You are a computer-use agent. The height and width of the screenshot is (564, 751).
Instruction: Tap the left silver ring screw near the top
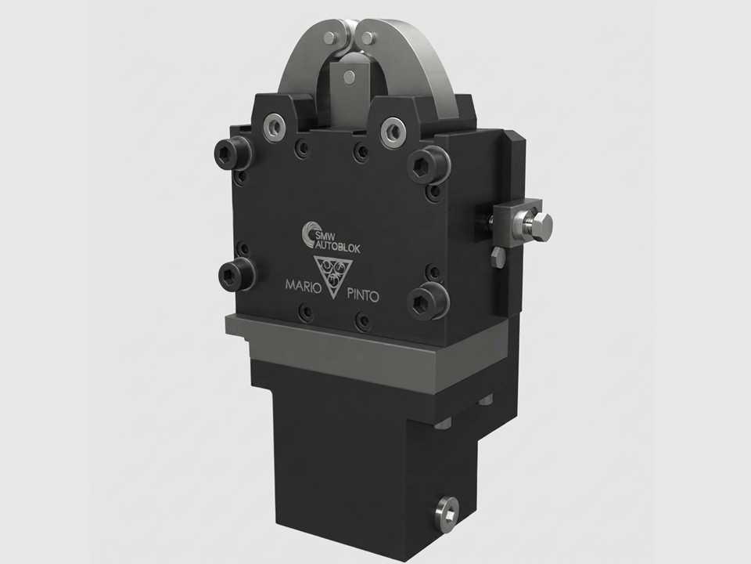tap(275, 127)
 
